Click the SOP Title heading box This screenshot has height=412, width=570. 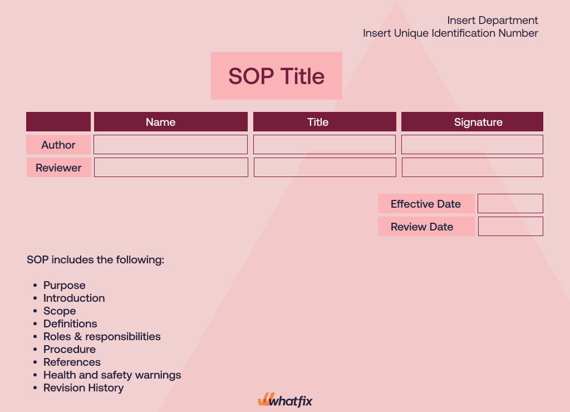277,76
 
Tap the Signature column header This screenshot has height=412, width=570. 472,122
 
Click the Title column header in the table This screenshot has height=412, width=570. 325,122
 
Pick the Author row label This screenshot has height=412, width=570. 58,145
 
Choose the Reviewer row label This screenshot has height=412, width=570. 58,168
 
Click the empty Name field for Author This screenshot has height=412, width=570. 170,145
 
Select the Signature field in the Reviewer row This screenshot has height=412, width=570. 473,167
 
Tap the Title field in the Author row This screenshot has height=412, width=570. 325,145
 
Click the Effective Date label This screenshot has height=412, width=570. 426,204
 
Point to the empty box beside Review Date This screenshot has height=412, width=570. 510,226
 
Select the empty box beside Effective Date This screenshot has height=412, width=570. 510,203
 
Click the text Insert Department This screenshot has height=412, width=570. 493,21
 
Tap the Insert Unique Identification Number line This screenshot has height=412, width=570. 450,33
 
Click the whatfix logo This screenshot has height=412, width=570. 285,400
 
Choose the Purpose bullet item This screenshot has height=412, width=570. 65,285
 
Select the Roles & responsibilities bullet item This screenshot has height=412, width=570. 102,336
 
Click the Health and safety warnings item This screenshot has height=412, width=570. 112,375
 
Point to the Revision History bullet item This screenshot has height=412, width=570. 83,388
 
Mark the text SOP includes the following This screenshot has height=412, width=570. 95,259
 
